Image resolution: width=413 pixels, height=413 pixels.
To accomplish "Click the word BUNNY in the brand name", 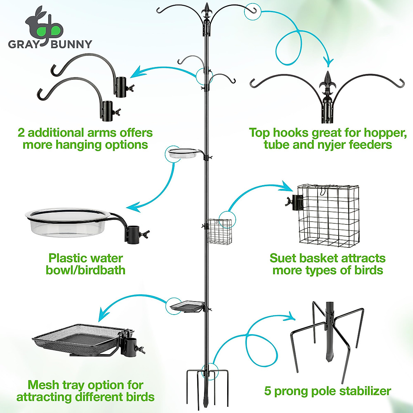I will [x=72, y=44].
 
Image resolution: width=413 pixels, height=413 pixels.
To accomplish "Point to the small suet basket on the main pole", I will [x=219, y=231].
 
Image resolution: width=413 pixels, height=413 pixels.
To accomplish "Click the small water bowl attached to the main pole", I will [x=183, y=153].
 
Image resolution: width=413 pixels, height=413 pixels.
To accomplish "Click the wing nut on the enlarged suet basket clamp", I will [x=288, y=202].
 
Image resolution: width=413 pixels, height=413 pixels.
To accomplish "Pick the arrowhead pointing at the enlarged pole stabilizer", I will [x=292, y=316].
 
